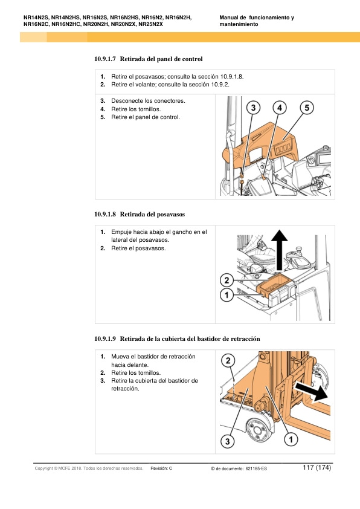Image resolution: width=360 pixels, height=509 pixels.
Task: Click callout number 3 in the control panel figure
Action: [253, 108]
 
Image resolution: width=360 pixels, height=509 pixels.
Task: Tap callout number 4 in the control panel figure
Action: [280, 108]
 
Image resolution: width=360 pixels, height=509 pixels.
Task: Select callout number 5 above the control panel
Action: [307, 108]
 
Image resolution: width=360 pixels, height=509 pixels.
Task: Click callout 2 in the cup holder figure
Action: [227, 280]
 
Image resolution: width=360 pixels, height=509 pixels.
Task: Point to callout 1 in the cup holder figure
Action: [227, 295]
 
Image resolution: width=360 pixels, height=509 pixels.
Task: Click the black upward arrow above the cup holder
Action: [280, 250]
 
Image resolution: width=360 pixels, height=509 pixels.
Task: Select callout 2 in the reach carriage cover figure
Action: [228, 360]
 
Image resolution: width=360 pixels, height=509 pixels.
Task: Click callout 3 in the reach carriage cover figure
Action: [227, 441]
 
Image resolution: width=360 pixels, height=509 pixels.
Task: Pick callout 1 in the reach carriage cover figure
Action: [291, 439]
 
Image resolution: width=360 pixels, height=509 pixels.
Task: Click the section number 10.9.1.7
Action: [104, 59]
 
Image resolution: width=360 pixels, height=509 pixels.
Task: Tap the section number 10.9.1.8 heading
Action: [104, 214]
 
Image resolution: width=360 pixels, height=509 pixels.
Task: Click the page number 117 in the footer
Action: [308, 467]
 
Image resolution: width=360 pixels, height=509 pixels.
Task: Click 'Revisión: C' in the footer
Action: [161, 468]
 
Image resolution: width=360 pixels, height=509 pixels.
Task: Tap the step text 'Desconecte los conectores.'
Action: [148, 101]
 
